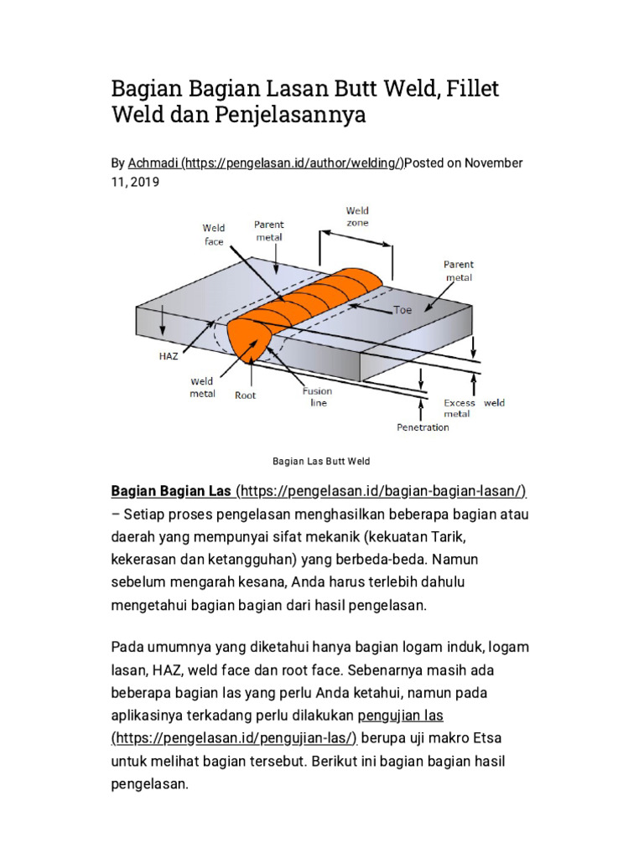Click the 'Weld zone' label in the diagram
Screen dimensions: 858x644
click(x=357, y=217)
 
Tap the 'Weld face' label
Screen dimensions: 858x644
click(x=214, y=234)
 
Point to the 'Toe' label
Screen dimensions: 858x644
click(x=403, y=309)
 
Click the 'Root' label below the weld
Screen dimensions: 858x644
click(x=245, y=395)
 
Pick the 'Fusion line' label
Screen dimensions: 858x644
click(x=317, y=396)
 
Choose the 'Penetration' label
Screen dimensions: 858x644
click(x=422, y=427)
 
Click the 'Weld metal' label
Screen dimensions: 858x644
click(x=202, y=387)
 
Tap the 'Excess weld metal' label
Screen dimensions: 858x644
click(x=474, y=408)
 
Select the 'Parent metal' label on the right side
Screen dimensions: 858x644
click(x=459, y=271)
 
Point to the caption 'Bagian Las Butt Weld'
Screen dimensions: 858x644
click(x=321, y=462)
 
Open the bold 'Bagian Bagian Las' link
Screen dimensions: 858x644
click(x=172, y=490)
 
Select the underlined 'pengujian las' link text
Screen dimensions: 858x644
click(x=400, y=715)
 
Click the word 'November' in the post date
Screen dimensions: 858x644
click(x=494, y=163)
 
